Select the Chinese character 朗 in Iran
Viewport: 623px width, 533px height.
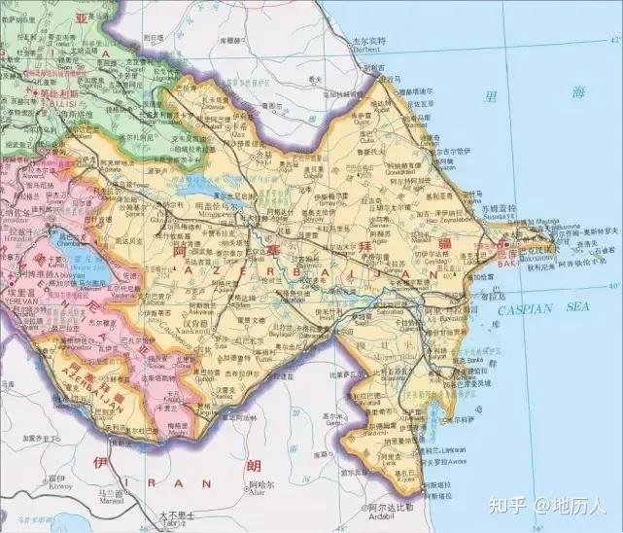click(x=255, y=466)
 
